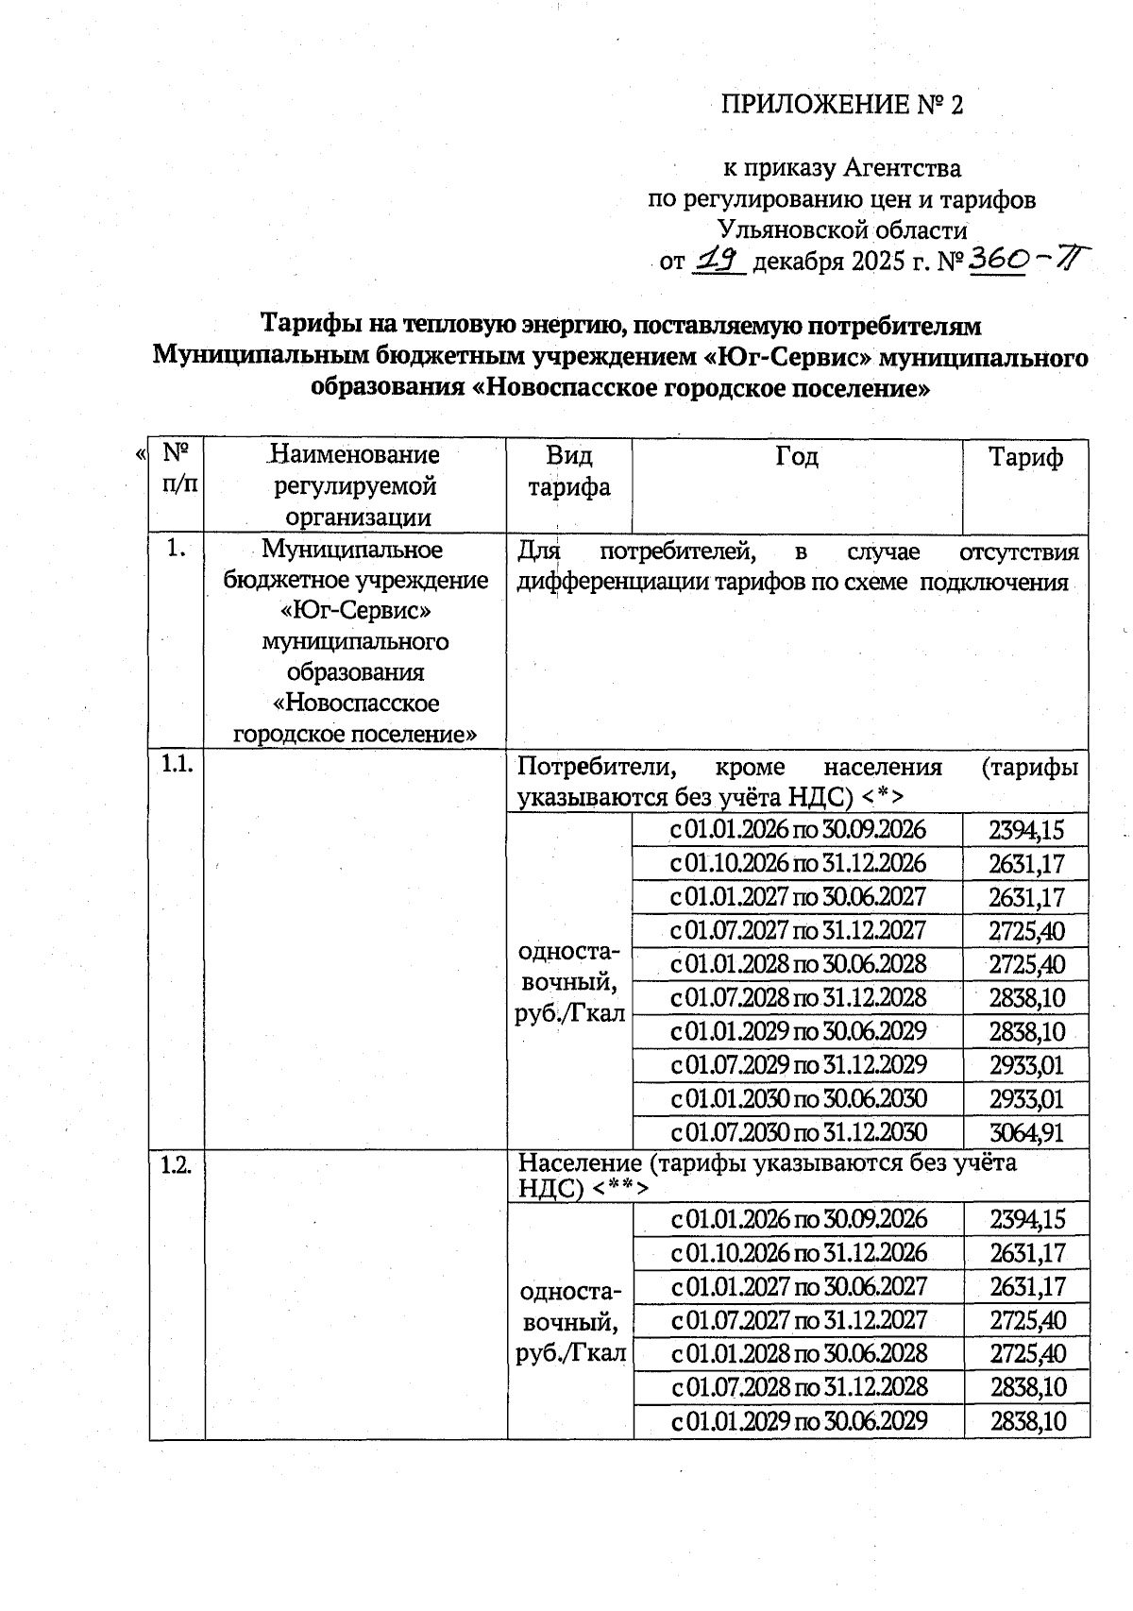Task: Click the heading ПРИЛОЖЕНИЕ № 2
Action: click(841, 105)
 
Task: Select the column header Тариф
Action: click(1025, 458)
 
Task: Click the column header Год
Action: click(797, 458)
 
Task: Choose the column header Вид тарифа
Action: click(569, 471)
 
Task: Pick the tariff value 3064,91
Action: click(1026, 1132)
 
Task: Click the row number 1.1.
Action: click(177, 766)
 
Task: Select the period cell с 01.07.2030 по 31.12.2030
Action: click(799, 1132)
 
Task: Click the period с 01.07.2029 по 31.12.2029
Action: click(799, 1065)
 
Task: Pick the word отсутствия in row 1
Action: click(1018, 551)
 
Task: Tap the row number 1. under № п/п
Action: click(177, 548)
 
